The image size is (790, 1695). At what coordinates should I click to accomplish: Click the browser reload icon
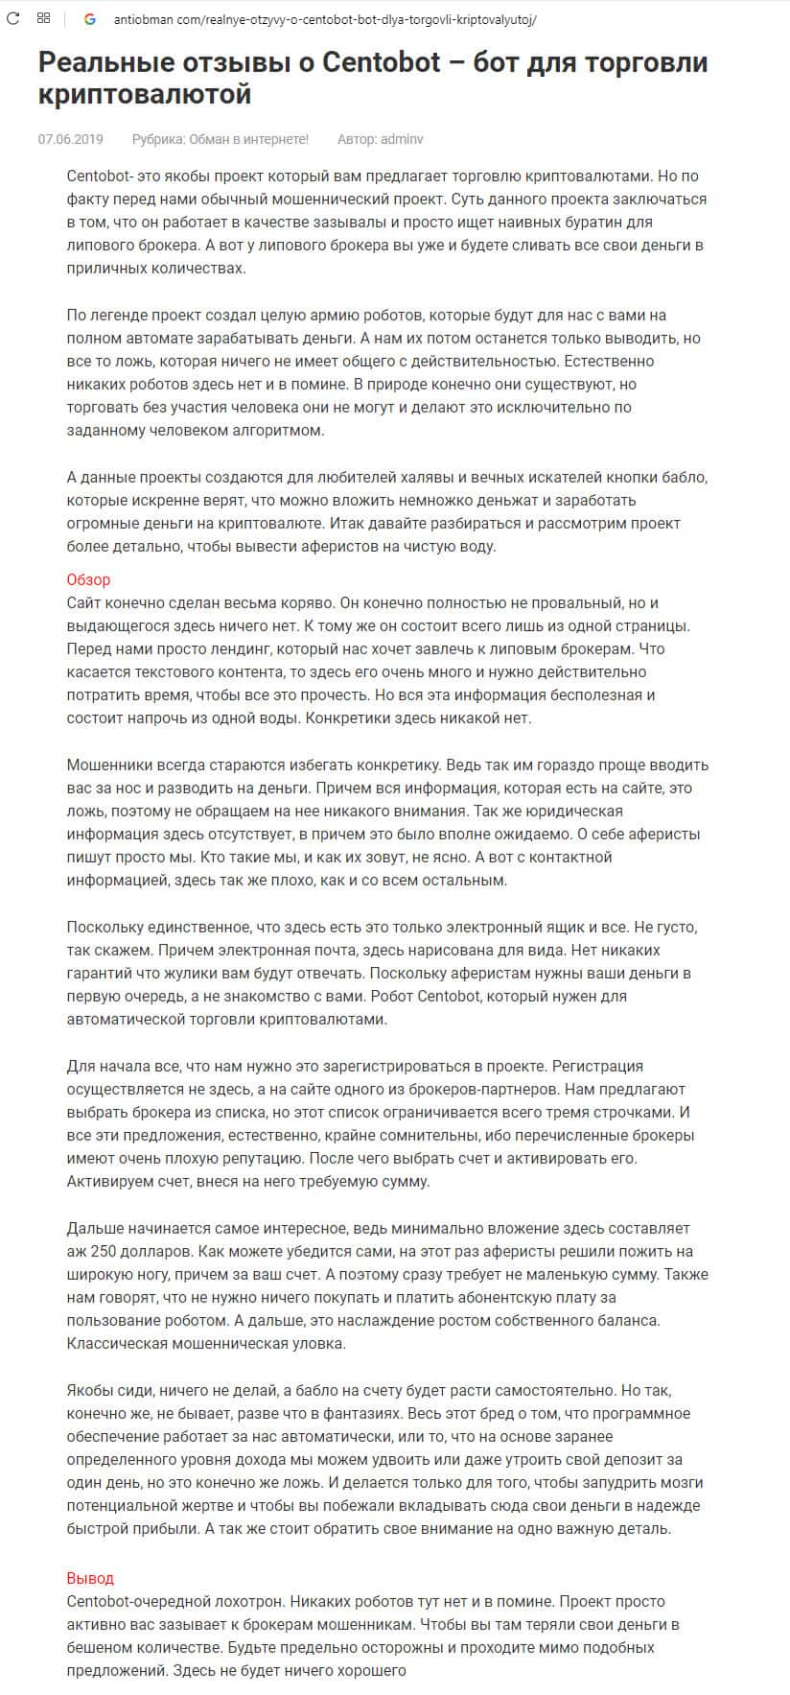[13, 18]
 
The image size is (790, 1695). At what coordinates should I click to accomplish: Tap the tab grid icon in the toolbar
[44, 18]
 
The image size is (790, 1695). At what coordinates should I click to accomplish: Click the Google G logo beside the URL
[90, 18]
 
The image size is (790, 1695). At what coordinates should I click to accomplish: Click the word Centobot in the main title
[381, 63]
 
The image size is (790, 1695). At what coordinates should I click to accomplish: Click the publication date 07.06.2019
[70, 139]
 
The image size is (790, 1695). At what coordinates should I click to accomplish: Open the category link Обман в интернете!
[247, 139]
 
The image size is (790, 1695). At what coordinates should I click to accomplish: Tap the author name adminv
[402, 139]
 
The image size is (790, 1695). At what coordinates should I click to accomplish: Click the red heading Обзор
[88, 579]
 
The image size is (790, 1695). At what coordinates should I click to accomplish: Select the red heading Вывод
[90, 1578]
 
